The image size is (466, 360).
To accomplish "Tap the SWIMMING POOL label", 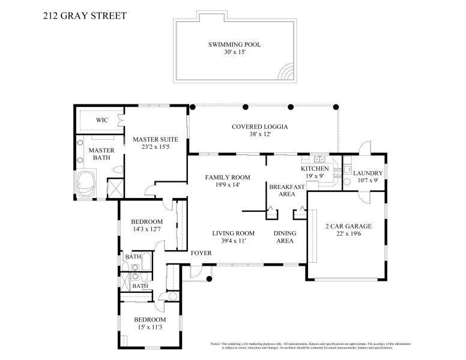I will tap(234, 44).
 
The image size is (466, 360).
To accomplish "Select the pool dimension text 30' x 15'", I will tap(234, 53).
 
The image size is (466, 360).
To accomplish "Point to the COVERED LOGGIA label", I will tap(260, 127).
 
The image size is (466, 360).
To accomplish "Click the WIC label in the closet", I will tap(101, 120).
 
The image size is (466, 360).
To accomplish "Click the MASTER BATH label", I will tap(101, 154).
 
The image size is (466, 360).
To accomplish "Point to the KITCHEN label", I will tap(315, 169).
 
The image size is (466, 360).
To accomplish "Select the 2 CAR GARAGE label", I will tap(348, 226).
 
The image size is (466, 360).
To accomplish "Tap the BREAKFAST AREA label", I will tap(286, 190).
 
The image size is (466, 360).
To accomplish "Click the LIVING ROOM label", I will tap(233, 233).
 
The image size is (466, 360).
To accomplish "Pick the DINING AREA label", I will tap(283, 237).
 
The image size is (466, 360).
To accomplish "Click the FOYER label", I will tap(201, 253).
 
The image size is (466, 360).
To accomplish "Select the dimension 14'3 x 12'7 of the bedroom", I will tap(147, 229).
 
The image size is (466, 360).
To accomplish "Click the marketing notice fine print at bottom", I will tap(310, 346).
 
